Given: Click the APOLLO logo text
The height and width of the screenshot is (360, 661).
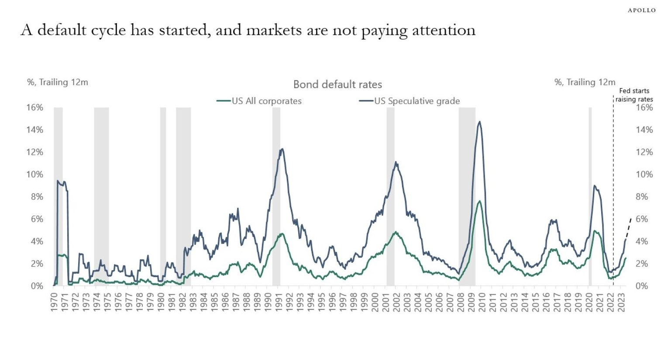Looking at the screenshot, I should (x=641, y=10).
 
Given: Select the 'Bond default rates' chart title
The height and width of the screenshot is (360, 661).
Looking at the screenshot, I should (x=337, y=84).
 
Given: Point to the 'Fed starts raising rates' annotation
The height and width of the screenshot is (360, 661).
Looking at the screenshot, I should (x=634, y=95).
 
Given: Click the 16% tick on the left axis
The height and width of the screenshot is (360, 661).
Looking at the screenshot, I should (x=35, y=108).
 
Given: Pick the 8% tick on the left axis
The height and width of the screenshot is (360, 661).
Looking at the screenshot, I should (x=37, y=197).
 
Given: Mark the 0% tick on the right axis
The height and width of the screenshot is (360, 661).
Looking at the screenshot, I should (x=641, y=286).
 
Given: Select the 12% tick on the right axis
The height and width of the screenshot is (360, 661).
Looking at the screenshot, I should (x=644, y=152).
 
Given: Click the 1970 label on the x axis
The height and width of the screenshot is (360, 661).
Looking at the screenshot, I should (x=54, y=302).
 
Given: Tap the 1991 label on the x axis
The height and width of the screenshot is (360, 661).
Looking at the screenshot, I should (x=279, y=302).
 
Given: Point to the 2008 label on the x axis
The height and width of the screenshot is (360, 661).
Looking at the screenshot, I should (x=461, y=302).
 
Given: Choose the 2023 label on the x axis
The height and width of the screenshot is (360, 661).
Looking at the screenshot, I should (x=621, y=302).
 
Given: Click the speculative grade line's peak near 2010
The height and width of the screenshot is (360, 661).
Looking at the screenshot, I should (x=479, y=122).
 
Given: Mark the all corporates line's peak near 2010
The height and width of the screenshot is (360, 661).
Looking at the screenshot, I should (x=479, y=201).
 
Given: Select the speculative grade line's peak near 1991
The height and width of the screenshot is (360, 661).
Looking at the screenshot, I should (x=282, y=149).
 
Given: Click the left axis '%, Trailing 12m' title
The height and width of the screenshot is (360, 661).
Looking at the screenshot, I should (x=58, y=82).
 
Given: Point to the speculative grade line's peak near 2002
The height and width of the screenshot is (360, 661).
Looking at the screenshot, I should (x=396, y=162).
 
